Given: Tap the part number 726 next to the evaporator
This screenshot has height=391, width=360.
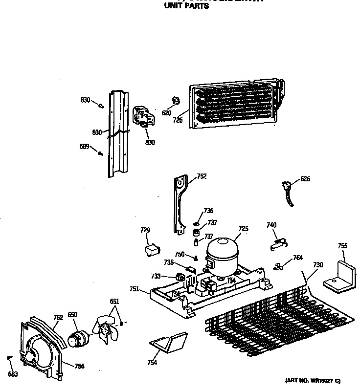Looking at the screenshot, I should pyautogui.click(x=178, y=120).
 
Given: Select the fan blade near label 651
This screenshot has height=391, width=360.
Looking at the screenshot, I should pyautogui.click(x=105, y=330).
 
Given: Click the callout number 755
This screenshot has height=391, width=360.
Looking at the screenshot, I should pyautogui.click(x=343, y=246).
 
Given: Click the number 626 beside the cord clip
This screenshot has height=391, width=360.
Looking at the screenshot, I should pyautogui.click(x=305, y=179).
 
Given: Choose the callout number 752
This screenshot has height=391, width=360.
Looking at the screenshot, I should pyautogui.click(x=202, y=176).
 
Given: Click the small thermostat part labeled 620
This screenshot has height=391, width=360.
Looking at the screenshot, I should pyautogui.click(x=174, y=102).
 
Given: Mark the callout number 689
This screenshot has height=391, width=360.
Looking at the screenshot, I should pyautogui.click(x=85, y=146).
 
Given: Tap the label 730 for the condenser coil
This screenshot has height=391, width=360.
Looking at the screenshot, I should pyautogui.click(x=318, y=265).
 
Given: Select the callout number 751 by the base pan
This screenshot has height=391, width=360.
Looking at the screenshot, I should pyautogui.click(x=135, y=289).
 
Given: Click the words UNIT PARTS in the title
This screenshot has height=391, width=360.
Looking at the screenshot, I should pyautogui.click(x=186, y=7).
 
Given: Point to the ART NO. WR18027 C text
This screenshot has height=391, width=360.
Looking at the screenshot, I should pyautogui.click(x=313, y=381).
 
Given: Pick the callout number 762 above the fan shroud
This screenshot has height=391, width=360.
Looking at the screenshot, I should pyautogui.click(x=58, y=318).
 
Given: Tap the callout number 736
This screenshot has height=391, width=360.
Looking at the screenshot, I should pyautogui.click(x=209, y=211).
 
